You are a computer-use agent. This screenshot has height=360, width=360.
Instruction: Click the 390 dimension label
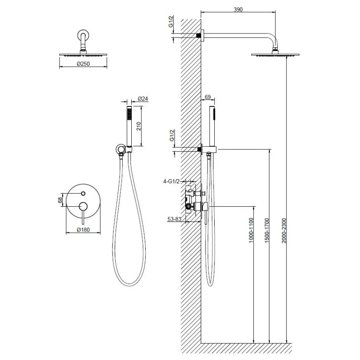[238, 10]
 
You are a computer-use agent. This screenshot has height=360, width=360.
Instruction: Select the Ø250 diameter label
[83, 64]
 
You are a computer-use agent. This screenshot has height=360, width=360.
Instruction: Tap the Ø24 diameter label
[143, 99]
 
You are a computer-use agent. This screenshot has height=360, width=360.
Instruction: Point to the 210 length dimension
[138, 126]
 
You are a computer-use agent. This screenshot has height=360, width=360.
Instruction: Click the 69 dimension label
[208, 97]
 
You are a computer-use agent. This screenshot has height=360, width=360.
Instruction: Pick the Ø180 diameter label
[83, 230]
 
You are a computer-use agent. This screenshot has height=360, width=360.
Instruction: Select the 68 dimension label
[60, 200]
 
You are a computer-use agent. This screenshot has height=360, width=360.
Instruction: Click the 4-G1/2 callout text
[171, 181]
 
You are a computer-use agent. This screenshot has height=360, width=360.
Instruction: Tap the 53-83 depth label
[174, 219]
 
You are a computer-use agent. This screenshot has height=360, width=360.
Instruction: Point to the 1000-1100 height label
[251, 230]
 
